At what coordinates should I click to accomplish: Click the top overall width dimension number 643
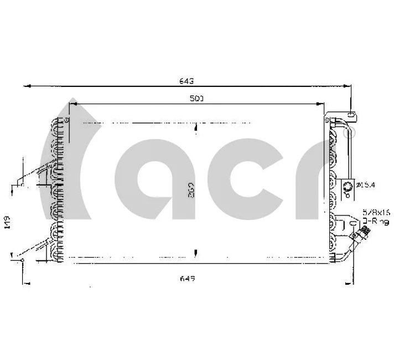click(186, 81)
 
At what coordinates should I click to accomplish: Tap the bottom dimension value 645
click(186, 278)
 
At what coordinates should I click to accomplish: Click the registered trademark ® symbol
click(352, 132)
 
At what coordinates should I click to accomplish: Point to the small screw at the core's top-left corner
click(66, 119)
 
